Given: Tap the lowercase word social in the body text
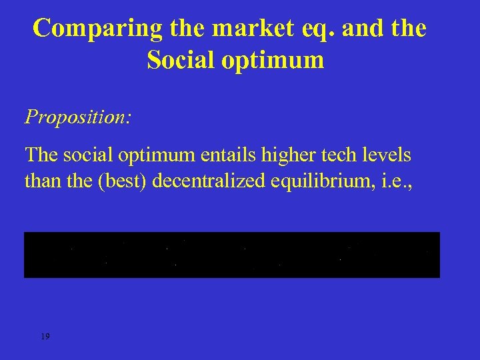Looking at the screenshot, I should pyautogui.click(x=89, y=155).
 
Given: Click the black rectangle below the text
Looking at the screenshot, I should pyautogui.click(x=232, y=255).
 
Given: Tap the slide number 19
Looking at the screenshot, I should pyautogui.click(x=45, y=337).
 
